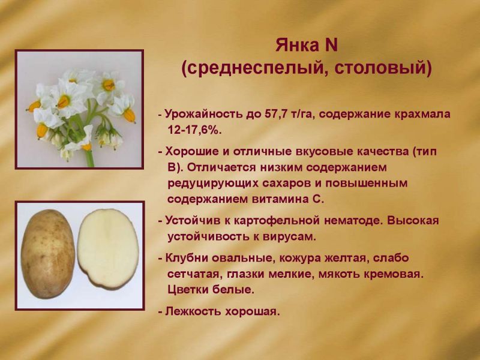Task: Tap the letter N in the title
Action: click(331, 46)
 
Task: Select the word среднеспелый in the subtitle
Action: click(254, 68)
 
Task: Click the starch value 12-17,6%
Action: click(194, 130)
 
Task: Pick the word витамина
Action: click(280, 199)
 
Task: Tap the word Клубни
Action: click(186, 258)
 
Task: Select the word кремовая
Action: click(394, 274)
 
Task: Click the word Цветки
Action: click(188, 290)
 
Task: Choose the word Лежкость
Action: click(193, 311)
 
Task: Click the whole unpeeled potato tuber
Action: click(48, 254)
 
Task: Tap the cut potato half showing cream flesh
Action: click(108, 249)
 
